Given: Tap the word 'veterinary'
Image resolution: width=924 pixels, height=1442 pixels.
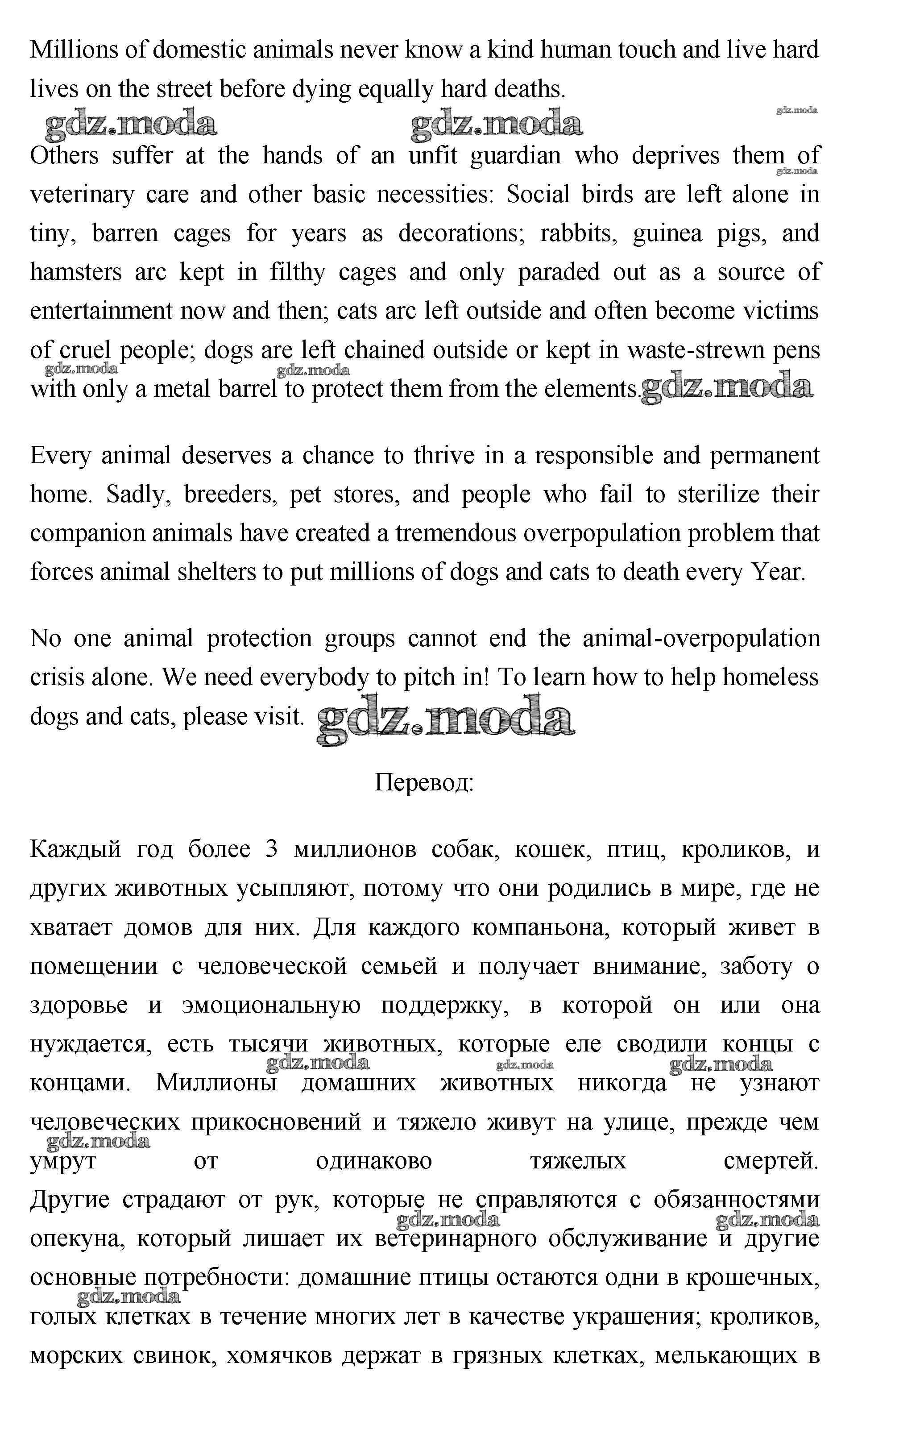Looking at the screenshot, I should [x=82, y=195].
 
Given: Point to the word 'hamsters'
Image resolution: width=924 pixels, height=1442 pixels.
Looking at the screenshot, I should [x=75, y=272].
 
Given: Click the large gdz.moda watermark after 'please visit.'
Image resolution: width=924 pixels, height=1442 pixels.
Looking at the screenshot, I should [x=445, y=719].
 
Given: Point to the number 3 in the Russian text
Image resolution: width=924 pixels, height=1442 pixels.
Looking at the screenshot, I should [x=271, y=850].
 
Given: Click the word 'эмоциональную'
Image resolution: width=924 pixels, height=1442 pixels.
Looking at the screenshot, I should [x=271, y=1006].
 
